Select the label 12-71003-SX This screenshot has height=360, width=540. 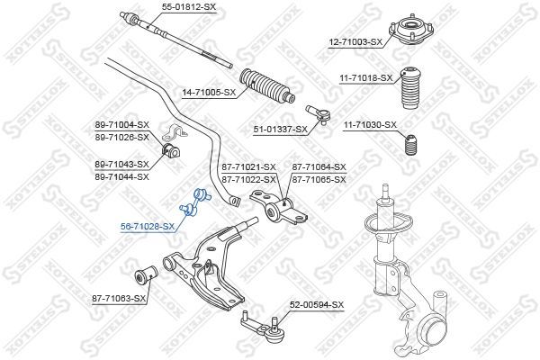tap(355, 42)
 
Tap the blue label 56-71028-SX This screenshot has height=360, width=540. tap(148, 226)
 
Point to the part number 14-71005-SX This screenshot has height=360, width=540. tap(209, 93)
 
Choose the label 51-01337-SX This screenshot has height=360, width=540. tap(280, 130)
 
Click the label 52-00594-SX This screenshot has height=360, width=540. tap(317, 305)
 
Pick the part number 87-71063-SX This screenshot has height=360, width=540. tap(119, 298)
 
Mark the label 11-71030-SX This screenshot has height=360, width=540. tap(370, 124)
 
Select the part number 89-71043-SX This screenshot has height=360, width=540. tap(121, 165)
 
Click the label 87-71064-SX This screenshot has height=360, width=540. tap(319, 167)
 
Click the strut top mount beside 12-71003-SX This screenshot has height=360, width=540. tap(411, 32)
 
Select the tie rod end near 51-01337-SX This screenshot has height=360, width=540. tap(319, 114)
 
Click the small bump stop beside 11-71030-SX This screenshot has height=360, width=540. tap(409, 144)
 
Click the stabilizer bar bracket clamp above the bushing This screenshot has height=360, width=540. tap(175, 131)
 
